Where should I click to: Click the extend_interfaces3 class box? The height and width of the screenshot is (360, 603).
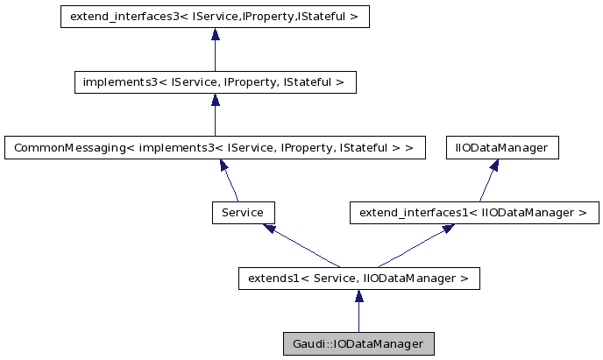pyautogui.click(x=215, y=17)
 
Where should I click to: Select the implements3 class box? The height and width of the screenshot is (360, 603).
pyautogui.click(x=215, y=82)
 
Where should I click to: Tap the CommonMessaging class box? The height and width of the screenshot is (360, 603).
pyautogui.click(x=215, y=147)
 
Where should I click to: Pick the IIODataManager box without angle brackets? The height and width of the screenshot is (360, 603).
pyautogui.click(x=501, y=147)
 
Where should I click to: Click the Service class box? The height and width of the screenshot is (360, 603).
pyautogui.click(x=244, y=212)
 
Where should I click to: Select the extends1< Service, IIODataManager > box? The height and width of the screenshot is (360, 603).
pyautogui.click(x=358, y=279)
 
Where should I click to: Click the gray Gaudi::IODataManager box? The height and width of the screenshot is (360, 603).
pyautogui.click(x=358, y=343)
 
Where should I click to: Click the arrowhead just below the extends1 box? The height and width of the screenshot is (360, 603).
pyautogui.click(x=358, y=297)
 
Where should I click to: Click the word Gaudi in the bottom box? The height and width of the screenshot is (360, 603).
pyautogui.click(x=303, y=343)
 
